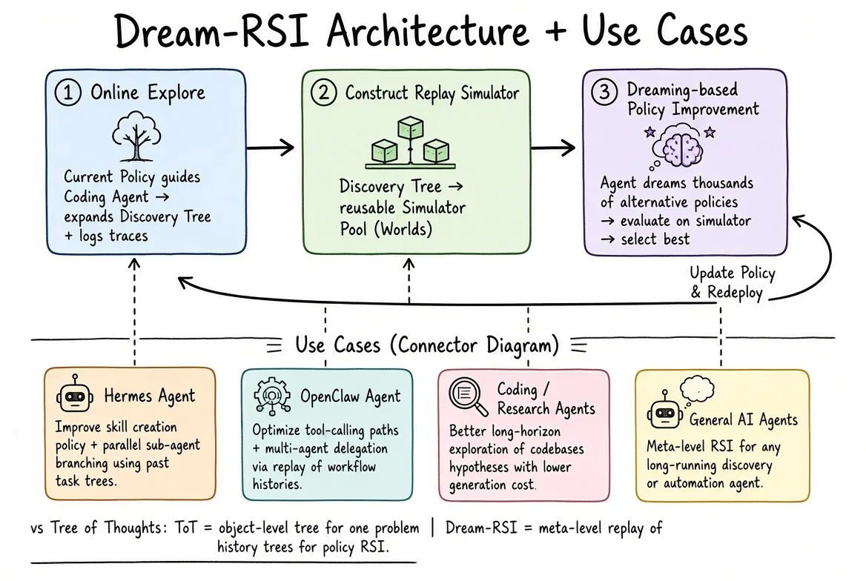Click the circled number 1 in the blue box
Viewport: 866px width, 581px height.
coord(68,92)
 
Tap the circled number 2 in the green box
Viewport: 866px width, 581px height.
coord(324,92)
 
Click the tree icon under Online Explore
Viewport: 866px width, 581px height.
coord(136,136)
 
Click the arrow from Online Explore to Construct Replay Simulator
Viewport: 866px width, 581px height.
coord(270,147)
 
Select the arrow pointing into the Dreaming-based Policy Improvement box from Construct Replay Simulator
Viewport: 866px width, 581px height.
coord(553,147)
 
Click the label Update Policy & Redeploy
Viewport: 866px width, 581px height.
coord(733,282)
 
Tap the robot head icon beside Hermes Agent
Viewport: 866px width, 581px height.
coord(74,394)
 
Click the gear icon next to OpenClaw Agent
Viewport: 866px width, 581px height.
coord(271,396)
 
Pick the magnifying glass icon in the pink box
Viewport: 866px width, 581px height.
coord(469,396)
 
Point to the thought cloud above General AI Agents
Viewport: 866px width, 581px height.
coord(697,389)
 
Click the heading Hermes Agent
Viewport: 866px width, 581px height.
coord(150,396)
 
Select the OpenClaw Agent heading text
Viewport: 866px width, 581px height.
coord(351,396)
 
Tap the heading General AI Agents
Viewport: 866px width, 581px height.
coord(744,420)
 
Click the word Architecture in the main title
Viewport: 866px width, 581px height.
coord(428,31)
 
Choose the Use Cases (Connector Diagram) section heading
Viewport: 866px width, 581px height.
coord(427,345)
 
